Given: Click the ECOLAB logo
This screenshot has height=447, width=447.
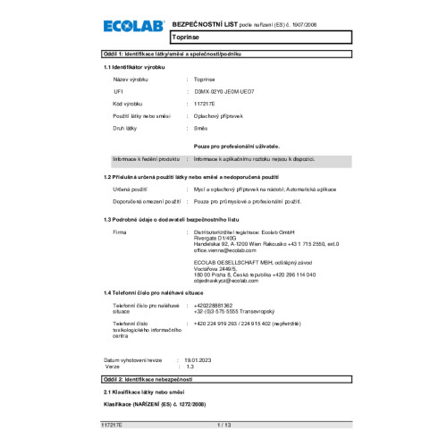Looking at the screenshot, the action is pyautogui.click(x=132, y=29).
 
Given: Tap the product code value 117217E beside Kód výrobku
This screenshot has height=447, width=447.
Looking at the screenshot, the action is pyautogui.click(x=205, y=105).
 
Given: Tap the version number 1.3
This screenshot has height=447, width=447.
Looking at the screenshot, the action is pyautogui.click(x=189, y=366).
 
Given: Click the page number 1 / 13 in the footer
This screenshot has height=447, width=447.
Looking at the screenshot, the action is pyautogui.click(x=223, y=423).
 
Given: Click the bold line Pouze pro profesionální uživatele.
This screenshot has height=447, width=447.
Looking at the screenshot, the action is pyautogui.click(x=237, y=144).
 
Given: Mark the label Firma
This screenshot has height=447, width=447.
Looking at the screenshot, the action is pyautogui.click(x=119, y=232).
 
